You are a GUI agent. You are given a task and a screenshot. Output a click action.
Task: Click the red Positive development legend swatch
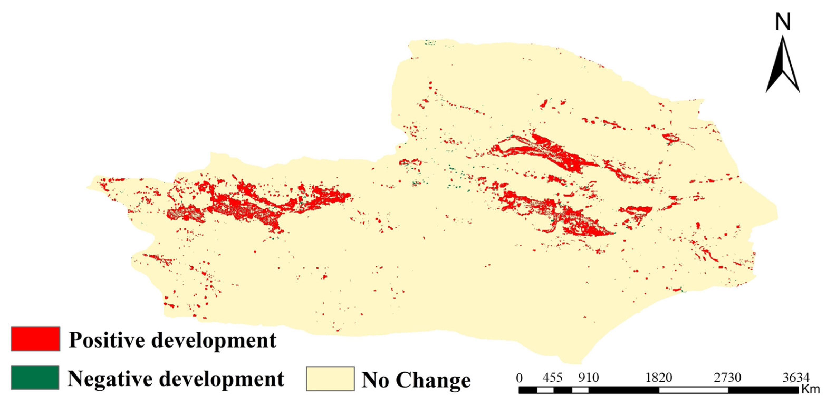pyautogui.click(x=35, y=339)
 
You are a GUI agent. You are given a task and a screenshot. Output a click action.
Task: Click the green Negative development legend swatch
pyautogui.click(x=35, y=377)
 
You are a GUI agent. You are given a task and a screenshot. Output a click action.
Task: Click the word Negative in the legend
pyautogui.click(x=111, y=379)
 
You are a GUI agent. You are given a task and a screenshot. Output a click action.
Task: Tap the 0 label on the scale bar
pyautogui.click(x=519, y=378)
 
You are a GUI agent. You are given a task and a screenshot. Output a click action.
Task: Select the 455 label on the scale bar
pyautogui.click(x=552, y=378)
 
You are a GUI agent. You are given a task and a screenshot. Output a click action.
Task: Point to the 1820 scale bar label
pyautogui.click(x=659, y=378)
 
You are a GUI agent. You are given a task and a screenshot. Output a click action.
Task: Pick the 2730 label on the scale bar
pyautogui.click(x=728, y=378)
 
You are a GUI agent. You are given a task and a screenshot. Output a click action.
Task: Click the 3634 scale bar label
pyautogui.click(x=796, y=378)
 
